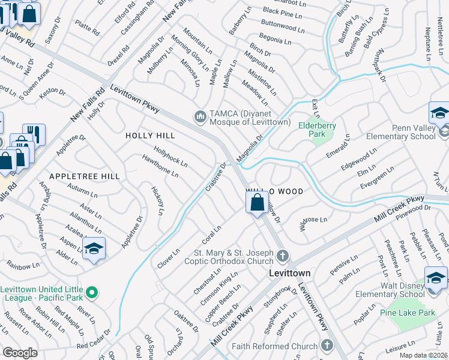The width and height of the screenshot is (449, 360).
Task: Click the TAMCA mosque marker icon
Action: tap(200, 115)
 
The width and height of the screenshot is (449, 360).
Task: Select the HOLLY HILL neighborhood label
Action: tap(149, 136)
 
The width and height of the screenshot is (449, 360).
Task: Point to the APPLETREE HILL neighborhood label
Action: tap(85, 176)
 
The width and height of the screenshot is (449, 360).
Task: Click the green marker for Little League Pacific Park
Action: tap(91, 293)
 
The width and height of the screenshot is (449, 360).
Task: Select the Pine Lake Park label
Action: tap(407, 313)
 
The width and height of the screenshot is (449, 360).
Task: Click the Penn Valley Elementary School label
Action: tap(408, 132)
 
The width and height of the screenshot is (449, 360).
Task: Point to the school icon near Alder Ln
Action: tap(94, 248)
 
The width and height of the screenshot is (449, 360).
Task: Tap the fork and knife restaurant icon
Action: tap(34, 133)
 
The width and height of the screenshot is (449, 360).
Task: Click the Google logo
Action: tap(20, 353)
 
